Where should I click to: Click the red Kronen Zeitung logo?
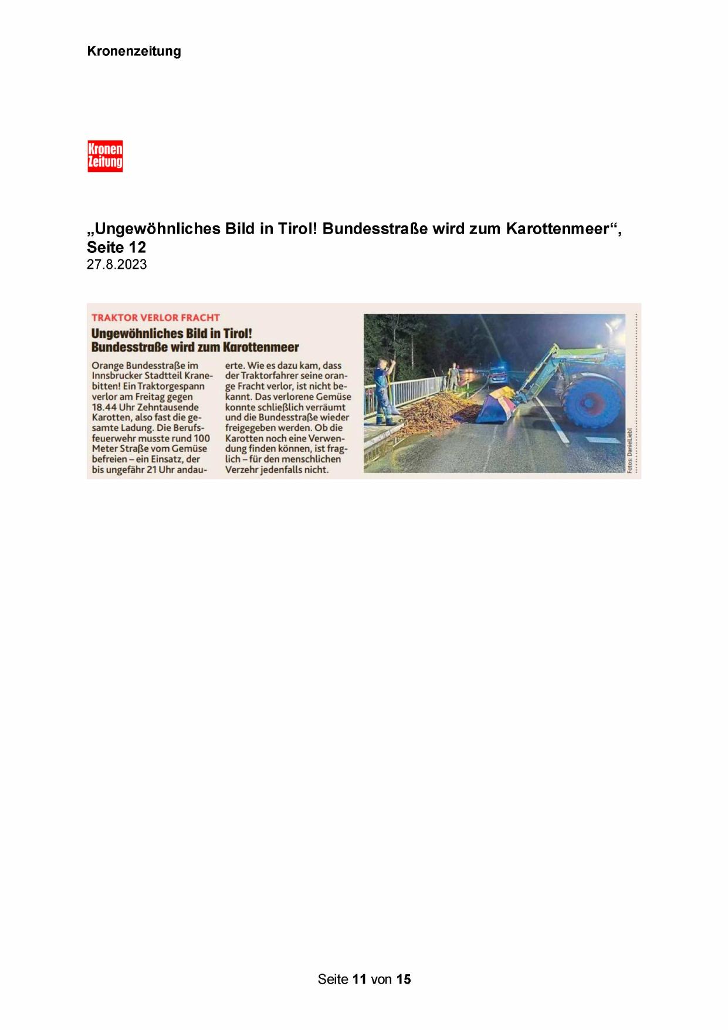click(105, 156)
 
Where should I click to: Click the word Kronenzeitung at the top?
click(134, 51)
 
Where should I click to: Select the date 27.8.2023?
click(117, 265)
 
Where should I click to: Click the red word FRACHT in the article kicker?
click(200, 318)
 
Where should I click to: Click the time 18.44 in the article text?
click(104, 407)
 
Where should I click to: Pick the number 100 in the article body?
click(201, 438)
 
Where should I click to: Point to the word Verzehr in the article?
click(242, 470)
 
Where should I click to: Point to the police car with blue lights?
click(499, 373)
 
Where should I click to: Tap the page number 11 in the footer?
click(360, 979)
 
